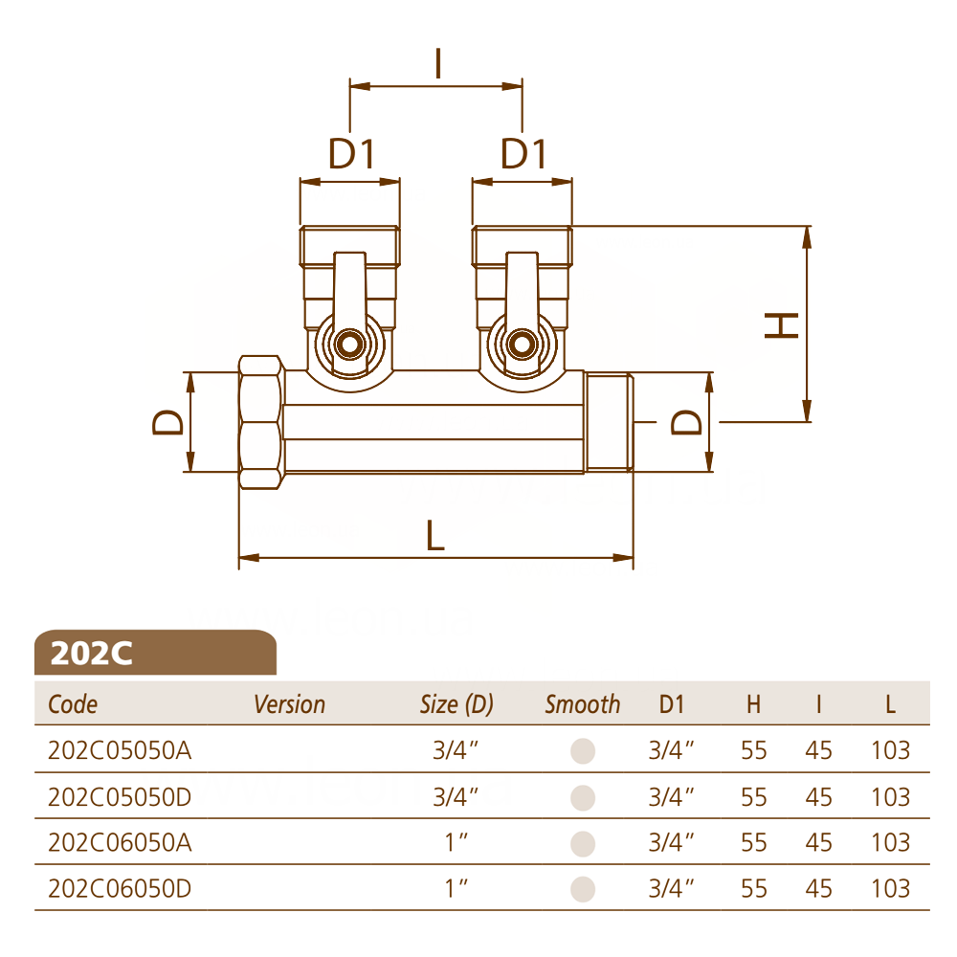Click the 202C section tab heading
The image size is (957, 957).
tap(92, 653)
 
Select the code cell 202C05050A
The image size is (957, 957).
tap(120, 750)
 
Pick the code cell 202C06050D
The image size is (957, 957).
tap(120, 888)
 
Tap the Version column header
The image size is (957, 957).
tap(289, 704)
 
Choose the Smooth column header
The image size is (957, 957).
tap(582, 704)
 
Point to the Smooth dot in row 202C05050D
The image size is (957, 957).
tap(583, 797)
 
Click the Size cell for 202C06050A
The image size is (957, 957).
tap(456, 842)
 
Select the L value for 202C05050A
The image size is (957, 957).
tap(890, 750)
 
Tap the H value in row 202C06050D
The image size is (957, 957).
tap(754, 888)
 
